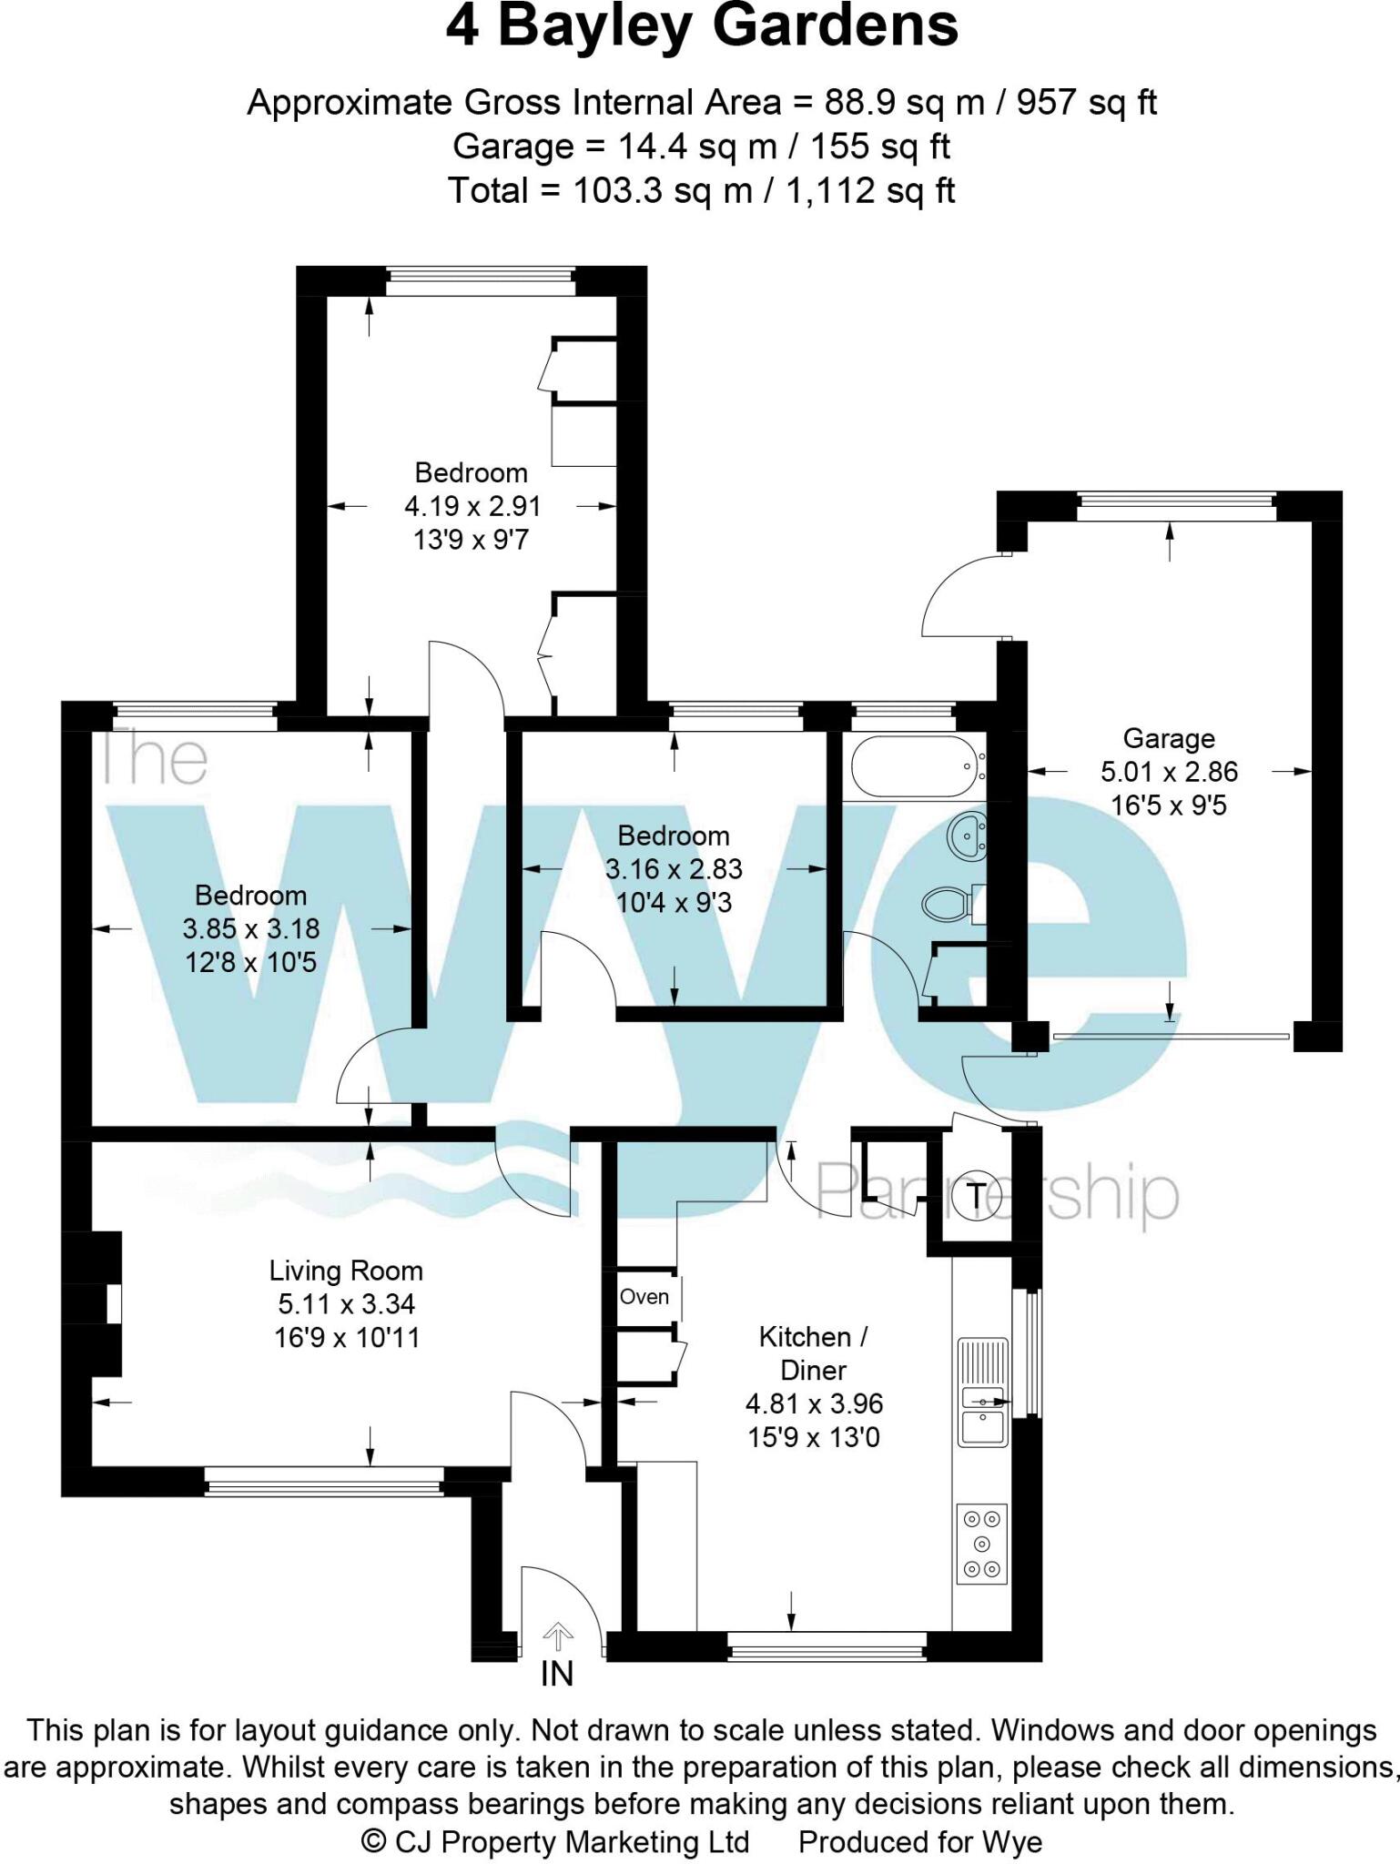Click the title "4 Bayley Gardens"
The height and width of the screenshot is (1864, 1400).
[701, 27]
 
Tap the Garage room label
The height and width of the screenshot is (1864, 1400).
[1169, 738]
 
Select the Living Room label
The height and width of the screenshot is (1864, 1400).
[346, 1271]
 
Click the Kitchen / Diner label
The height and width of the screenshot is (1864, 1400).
[814, 1353]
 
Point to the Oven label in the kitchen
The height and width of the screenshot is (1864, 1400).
[644, 1297]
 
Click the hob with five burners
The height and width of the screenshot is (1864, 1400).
[982, 1544]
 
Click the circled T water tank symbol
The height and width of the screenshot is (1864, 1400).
[976, 1196]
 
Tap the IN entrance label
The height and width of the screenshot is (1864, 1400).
[557, 1673]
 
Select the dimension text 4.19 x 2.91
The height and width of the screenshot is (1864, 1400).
[472, 506]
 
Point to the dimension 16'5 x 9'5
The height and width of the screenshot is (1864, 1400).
[1169, 805]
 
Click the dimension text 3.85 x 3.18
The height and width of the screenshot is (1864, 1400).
[251, 929]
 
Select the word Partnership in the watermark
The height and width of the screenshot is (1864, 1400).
[997, 1192]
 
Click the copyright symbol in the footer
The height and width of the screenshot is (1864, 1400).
[373, 1841]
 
